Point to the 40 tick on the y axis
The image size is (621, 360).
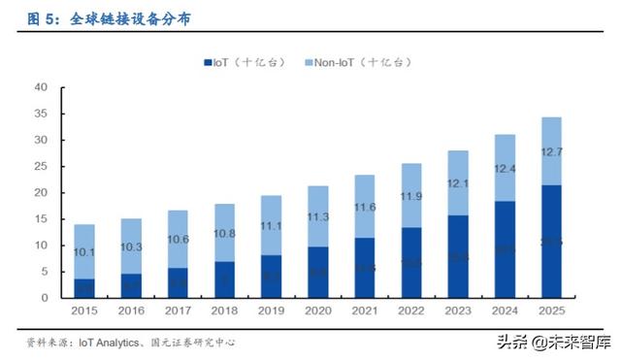click(41, 87)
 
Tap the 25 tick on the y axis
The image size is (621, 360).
click(41, 166)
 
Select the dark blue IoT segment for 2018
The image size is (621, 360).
click(225, 279)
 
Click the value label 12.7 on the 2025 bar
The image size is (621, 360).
click(551, 150)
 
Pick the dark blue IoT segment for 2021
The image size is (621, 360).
click(365, 268)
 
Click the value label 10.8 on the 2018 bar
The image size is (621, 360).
click(225, 234)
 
